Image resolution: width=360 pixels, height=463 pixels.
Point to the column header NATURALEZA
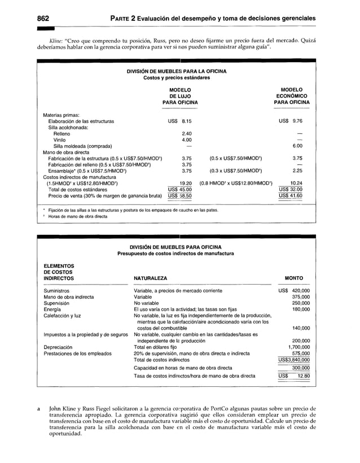pos(150,278)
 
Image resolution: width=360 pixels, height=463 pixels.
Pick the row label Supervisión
pos(57,303)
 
